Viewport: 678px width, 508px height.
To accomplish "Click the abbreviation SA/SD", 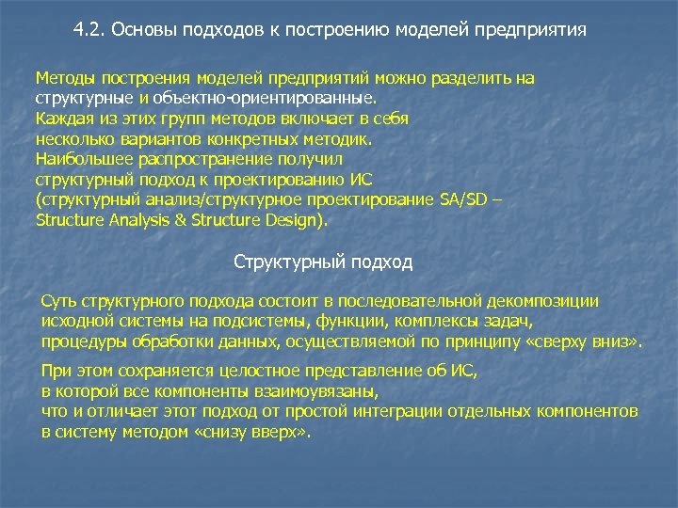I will point(465,199).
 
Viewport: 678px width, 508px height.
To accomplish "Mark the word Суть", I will point(58,301).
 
